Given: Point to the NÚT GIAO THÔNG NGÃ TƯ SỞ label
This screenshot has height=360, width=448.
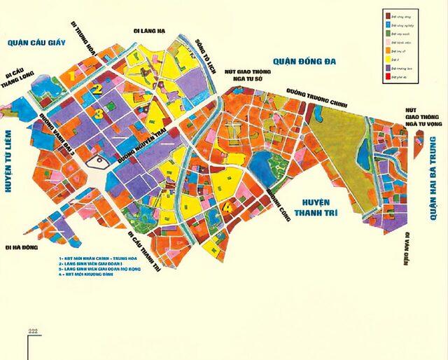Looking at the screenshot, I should (x=244, y=75).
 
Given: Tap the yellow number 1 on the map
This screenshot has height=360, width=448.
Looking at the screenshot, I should (x=72, y=74).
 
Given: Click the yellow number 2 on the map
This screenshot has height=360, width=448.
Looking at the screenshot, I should (x=99, y=89).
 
